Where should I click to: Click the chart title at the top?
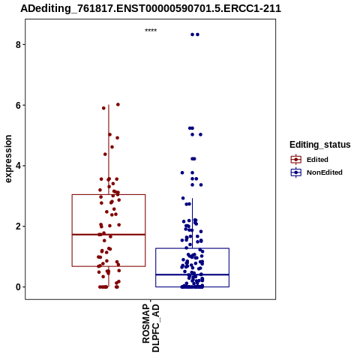click(151, 9)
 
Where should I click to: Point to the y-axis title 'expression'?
click(8, 159)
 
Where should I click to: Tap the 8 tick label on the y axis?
click(18, 45)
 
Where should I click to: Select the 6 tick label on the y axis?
click(18, 106)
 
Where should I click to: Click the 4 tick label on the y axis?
click(18, 166)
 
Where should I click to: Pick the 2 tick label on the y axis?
click(18, 226)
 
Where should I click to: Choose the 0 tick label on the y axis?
click(18, 287)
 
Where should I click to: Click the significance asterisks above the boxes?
click(151, 31)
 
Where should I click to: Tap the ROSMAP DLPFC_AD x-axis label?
click(151, 328)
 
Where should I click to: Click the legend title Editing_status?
click(320, 145)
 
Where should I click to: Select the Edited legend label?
click(317, 160)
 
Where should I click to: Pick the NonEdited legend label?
click(325, 172)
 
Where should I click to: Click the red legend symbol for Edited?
click(296, 160)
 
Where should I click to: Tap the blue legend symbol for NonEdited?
click(296, 172)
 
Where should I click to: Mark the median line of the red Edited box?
click(109, 235)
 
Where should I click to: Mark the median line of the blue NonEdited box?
click(192, 274)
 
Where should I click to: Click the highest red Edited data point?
click(118, 104)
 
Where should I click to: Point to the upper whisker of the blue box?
click(192, 223)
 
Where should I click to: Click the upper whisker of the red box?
click(109, 149)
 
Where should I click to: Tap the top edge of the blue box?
click(192, 248)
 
